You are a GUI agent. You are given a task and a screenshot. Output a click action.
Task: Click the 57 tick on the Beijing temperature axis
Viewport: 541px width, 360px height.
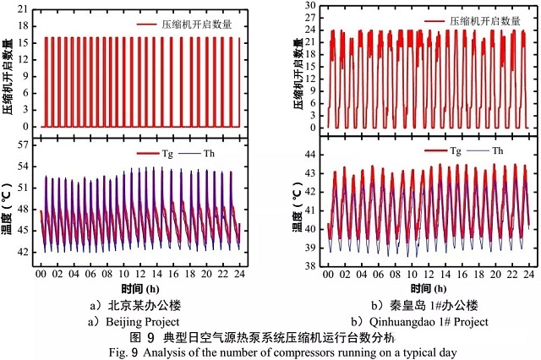click(25, 146)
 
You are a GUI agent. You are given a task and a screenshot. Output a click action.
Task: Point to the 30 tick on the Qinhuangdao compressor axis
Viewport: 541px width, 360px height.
click(311, 5)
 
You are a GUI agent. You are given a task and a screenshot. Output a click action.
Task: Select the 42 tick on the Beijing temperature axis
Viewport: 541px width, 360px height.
click(25, 252)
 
